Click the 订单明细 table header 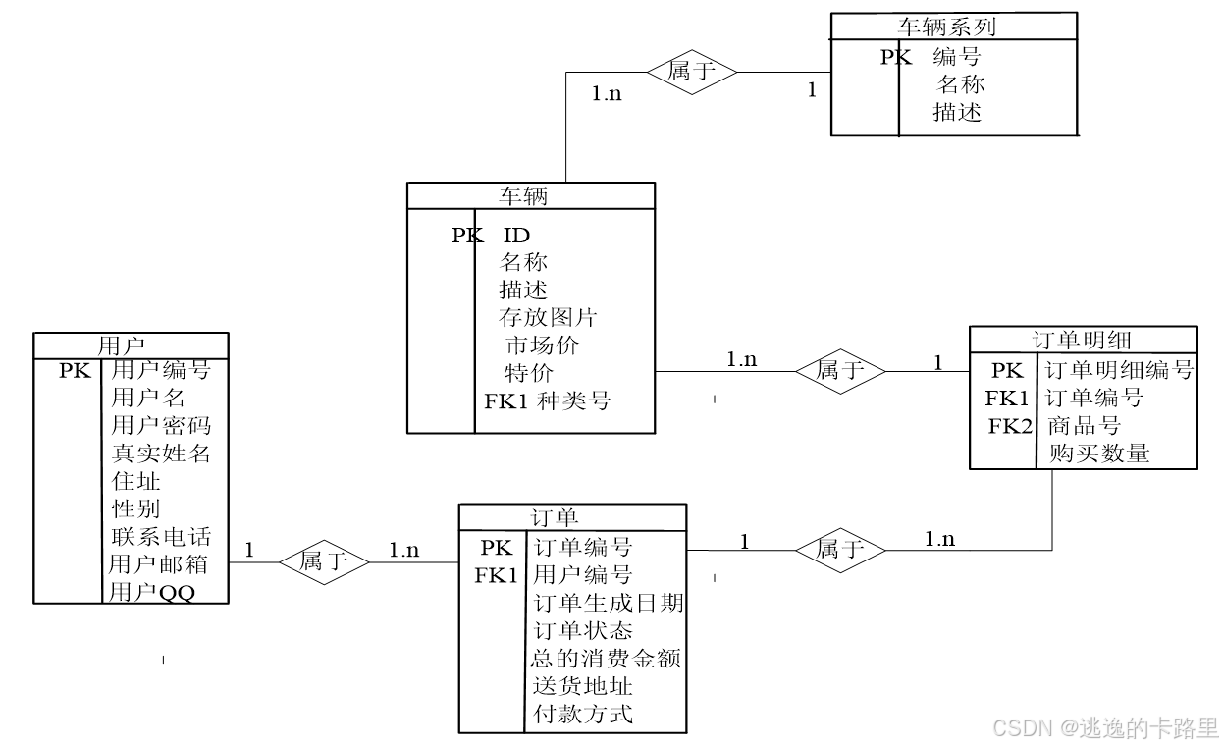tap(1083, 340)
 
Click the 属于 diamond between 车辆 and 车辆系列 tap(692, 72)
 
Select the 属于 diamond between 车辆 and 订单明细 tap(840, 370)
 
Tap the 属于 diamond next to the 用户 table tap(324, 561)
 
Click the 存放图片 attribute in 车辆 tap(548, 318)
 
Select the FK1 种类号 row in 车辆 tap(547, 400)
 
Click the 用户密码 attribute tap(160, 426)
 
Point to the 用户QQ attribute tap(152, 593)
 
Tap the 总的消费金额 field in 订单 tap(606, 658)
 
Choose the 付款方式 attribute tap(583, 714)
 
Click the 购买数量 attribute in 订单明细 tap(1098, 454)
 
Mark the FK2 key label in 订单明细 tap(1010, 426)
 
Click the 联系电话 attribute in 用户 tap(160, 537)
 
